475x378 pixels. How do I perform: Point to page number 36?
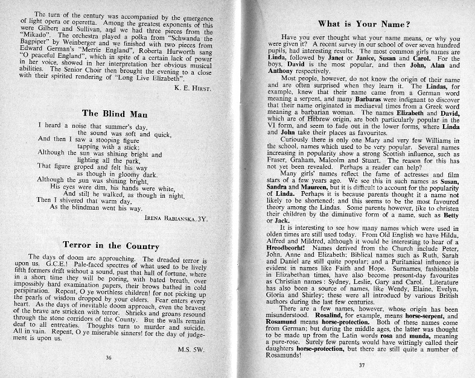109,358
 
